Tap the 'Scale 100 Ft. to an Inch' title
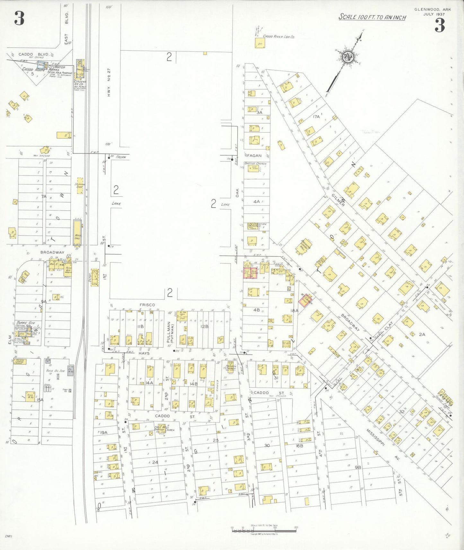tap(372, 17)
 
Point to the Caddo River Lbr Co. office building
tap(259, 43)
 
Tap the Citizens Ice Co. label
tap(80, 83)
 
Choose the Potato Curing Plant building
tap(20, 362)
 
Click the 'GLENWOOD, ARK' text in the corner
tap(432, 9)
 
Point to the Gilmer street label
tap(338, 200)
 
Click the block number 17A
tap(316, 117)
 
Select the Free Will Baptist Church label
tap(164, 428)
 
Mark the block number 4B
tap(256, 310)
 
